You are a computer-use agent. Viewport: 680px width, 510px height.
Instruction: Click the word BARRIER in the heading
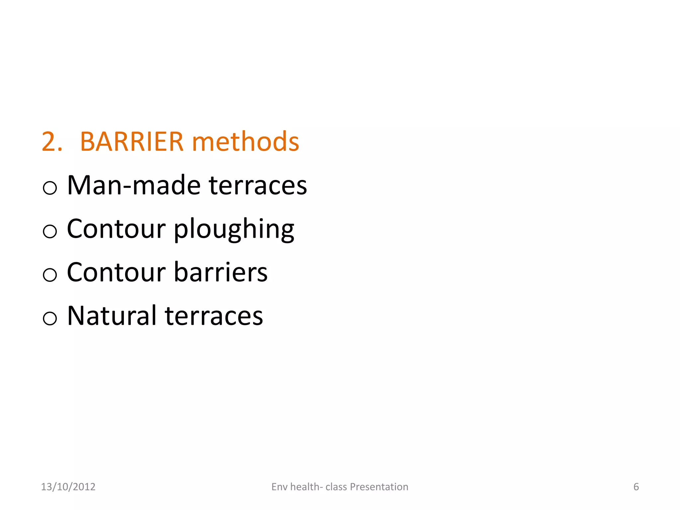[x=131, y=142]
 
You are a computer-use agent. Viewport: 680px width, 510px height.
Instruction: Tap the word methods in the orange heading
[x=245, y=142]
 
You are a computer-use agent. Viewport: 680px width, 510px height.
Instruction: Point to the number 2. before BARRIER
[x=52, y=142]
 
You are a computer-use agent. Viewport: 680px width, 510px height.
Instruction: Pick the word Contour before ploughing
[x=116, y=229]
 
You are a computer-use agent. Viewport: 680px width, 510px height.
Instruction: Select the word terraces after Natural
[x=214, y=316]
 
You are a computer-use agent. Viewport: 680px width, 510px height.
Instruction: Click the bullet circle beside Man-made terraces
[x=50, y=188]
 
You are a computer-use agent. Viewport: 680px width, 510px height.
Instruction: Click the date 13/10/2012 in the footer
[x=68, y=487]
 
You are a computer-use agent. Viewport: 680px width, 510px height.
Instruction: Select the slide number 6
[x=636, y=487]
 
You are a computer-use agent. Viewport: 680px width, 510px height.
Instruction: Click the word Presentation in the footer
[x=379, y=487]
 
